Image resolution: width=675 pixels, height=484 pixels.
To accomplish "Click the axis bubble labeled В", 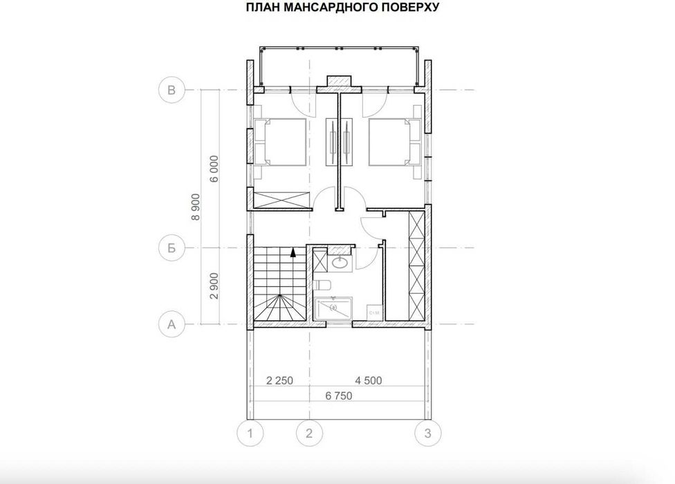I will click(171, 90).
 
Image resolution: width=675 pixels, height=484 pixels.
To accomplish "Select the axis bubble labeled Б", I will click(171, 248).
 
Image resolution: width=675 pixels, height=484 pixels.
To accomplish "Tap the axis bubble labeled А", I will click(171, 323).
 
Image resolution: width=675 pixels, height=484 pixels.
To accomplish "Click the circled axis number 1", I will click(250, 434).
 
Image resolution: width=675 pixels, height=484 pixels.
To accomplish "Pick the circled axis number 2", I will click(309, 434).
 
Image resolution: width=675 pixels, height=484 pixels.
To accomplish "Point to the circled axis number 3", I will click(427, 434).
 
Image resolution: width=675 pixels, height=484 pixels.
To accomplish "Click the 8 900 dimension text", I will click(196, 206).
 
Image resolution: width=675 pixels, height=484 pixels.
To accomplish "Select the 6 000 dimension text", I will click(214, 168).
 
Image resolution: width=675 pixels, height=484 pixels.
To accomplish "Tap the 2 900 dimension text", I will click(214, 286).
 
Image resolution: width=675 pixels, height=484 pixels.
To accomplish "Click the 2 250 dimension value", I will click(280, 381).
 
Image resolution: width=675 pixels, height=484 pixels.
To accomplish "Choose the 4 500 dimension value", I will click(369, 381).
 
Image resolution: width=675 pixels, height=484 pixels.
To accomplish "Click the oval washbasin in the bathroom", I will click(340, 263).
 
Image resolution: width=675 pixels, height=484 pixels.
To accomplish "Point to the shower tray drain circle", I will click(334, 306).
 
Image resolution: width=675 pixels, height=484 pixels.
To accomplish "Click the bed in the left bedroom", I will click(281, 142).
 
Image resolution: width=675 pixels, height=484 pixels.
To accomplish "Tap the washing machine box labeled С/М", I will click(373, 313).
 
